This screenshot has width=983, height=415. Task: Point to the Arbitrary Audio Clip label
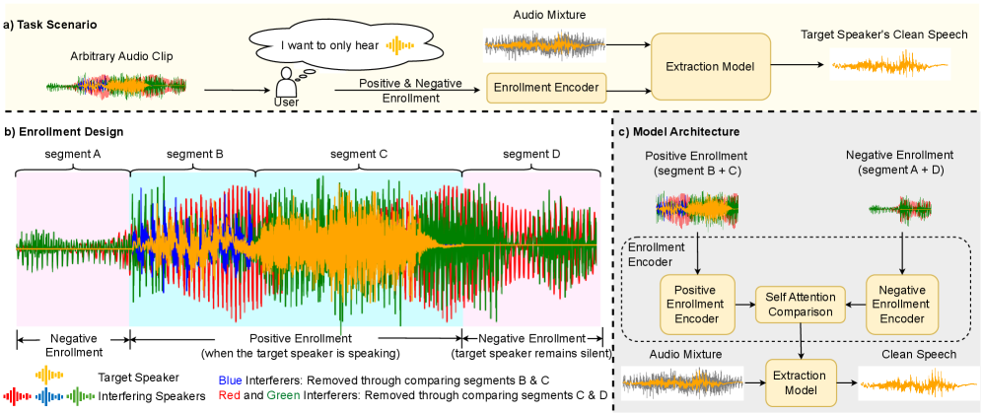pyautogui.click(x=121, y=57)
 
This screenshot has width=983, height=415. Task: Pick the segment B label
pyautogui.click(x=194, y=154)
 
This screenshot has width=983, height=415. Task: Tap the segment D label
pyautogui.click(x=532, y=154)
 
